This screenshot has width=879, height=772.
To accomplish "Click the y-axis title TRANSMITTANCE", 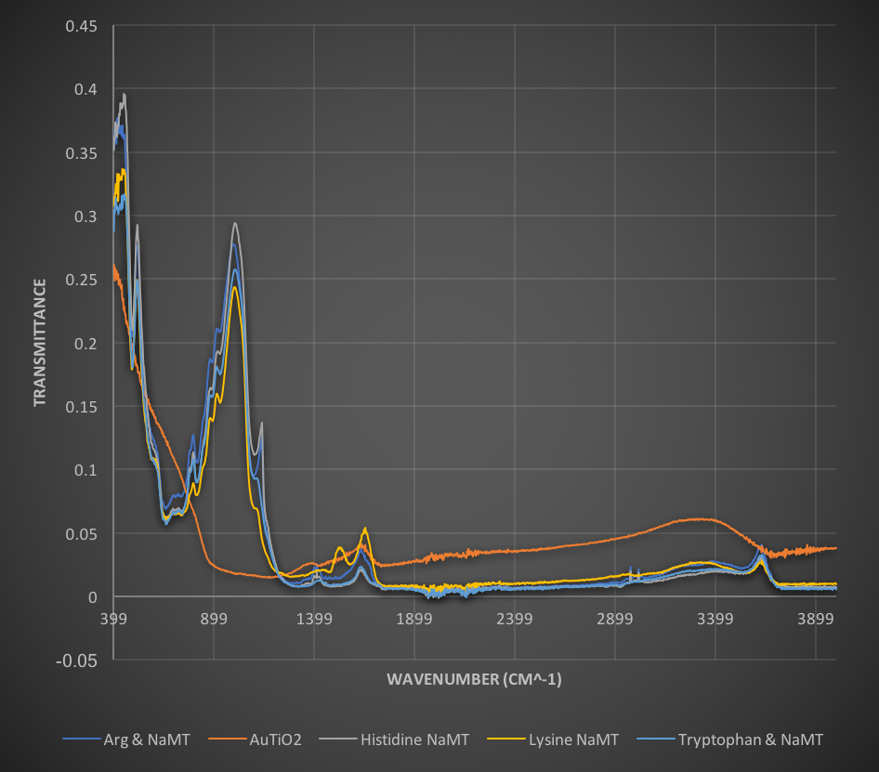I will pos(39,342).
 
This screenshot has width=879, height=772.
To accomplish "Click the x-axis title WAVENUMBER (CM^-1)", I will pos(474,680).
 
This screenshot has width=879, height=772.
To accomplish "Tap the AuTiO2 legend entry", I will pos(275,739).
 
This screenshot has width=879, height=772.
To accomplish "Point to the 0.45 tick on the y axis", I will pos(80,26).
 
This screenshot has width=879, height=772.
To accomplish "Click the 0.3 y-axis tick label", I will pos(84,216).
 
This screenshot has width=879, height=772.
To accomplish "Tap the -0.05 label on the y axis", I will pos(78,661).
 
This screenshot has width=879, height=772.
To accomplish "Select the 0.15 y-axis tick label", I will pos(80,407).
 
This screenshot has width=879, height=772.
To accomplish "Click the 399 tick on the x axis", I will pos(112,615).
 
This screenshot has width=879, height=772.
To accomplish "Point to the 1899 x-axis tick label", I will pos(414,615).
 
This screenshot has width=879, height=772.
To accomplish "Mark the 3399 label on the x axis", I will pos(715,615).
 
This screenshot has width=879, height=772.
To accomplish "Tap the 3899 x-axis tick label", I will pos(816,615).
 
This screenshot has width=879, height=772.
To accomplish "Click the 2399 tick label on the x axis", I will pos(515,615).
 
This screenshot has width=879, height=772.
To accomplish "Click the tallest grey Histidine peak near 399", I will pos(125,94).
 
